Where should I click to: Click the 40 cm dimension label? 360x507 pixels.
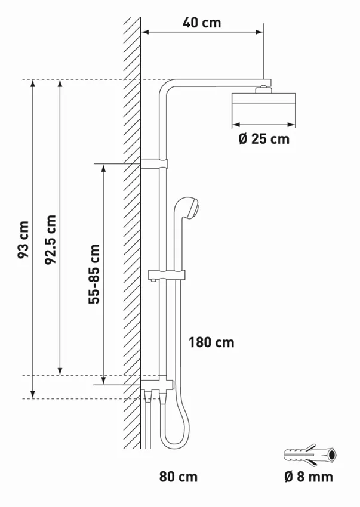click(x=202, y=23)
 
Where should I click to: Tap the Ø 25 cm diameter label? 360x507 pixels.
click(x=264, y=139)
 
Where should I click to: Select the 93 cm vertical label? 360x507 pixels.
click(x=23, y=239)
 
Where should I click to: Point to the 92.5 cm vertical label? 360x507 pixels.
click(x=51, y=239)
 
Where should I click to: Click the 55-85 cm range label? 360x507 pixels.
click(x=94, y=274)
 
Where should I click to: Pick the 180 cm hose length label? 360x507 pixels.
click(x=211, y=342)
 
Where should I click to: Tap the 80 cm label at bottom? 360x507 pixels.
click(x=179, y=477)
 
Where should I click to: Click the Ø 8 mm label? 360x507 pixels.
click(x=309, y=477)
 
